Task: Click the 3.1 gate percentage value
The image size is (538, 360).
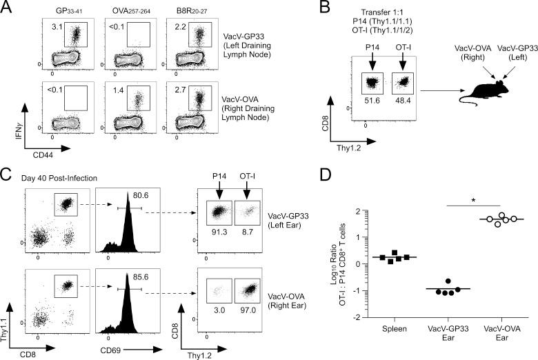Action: [57, 28]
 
